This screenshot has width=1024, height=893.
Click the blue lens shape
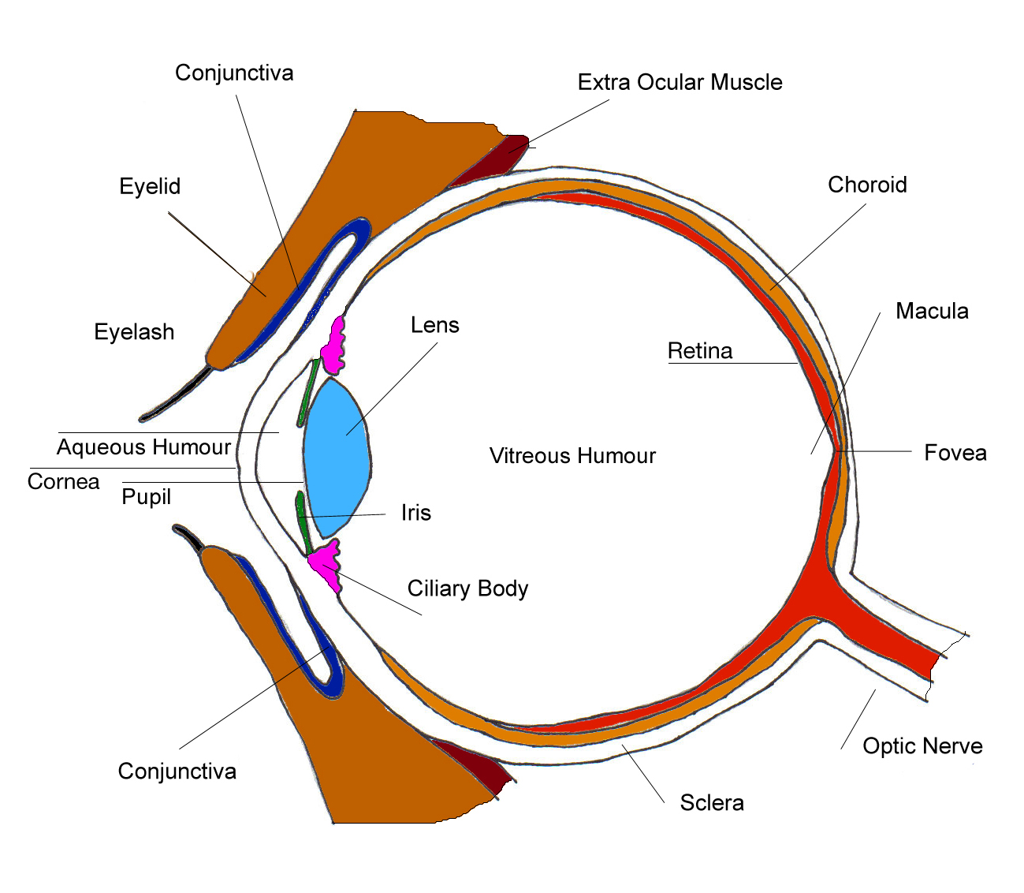click(337, 458)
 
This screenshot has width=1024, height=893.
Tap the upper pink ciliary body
click(333, 347)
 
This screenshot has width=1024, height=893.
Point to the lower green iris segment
click(302, 521)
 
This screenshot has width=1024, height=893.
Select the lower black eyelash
click(189, 538)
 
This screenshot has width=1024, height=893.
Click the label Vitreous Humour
click(572, 456)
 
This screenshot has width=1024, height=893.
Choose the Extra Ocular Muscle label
click(680, 82)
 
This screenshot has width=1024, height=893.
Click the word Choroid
click(867, 185)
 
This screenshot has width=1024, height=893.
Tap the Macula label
click(932, 311)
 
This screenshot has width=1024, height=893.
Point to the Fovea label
click(955, 453)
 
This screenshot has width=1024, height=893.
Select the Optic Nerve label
click(922, 746)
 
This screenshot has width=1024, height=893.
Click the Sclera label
click(712, 803)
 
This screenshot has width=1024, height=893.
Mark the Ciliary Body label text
click(467, 588)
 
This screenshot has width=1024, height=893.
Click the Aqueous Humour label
click(143, 447)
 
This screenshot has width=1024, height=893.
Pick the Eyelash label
click(134, 332)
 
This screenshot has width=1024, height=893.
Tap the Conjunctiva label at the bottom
click(177, 771)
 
